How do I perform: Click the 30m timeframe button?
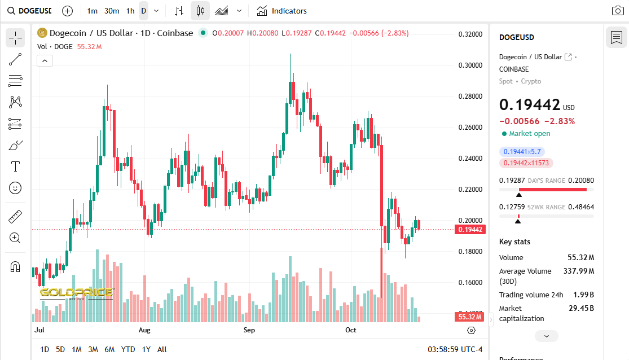tap(112, 11)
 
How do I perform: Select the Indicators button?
tap(282, 11)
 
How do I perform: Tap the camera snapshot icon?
tap(618, 11)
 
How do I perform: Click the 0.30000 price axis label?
tap(470, 65)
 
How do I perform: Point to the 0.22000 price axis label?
tap(470, 189)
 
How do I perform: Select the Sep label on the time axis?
tap(249, 330)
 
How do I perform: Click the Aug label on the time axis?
tap(144, 330)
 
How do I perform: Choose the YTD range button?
tap(128, 349)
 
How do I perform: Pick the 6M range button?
tap(109, 349)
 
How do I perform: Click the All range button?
tap(162, 349)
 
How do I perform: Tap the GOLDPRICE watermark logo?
tap(76, 293)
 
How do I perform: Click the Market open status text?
tap(529, 134)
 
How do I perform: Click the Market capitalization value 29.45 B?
tap(581, 308)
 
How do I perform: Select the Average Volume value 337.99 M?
tap(579, 271)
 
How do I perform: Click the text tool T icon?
tap(15, 166)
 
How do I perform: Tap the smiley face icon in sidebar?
tap(15, 187)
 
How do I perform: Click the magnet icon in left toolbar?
tap(15, 267)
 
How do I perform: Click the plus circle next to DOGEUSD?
tap(67, 11)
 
